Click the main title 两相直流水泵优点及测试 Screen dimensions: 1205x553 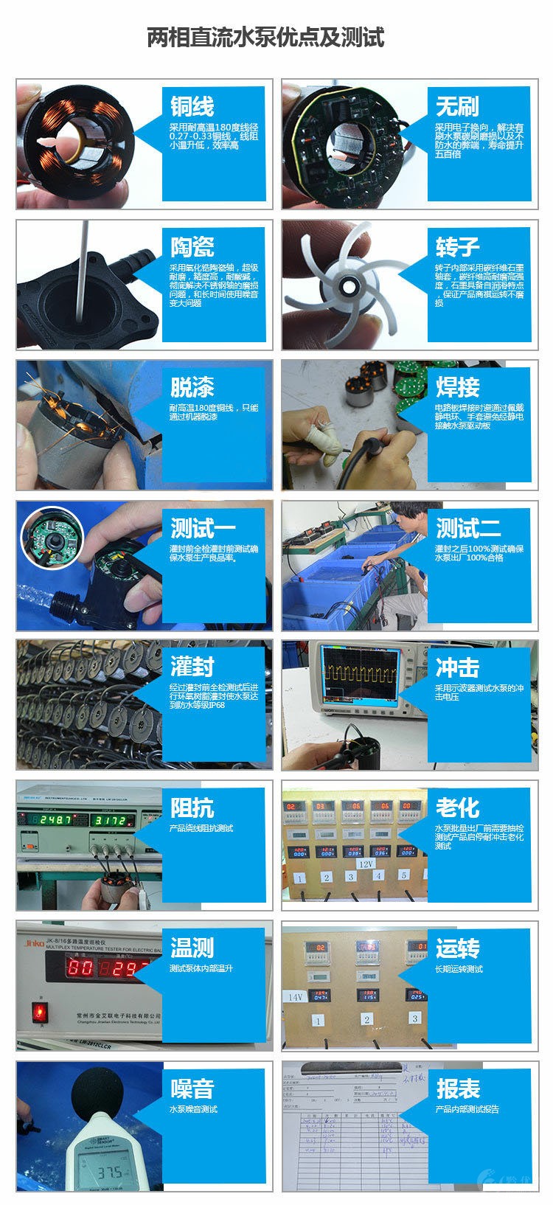click(x=265, y=37)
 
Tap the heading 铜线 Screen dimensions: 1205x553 click(x=192, y=106)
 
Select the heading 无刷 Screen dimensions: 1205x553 click(x=457, y=106)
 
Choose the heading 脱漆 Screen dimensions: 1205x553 click(x=192, y=387)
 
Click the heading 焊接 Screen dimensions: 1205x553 click(x=457, y=387)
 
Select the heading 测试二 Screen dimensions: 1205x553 click(x=468, y=528)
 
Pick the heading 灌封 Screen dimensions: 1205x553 click(x=192, y=667)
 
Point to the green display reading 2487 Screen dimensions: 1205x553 click(x=55, y=820)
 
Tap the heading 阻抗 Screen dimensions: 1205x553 click(x=192, y=808)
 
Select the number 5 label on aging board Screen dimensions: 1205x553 click(x=403, y=875)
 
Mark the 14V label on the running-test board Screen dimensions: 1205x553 click(x=296, y=996)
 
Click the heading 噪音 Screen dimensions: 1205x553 click(x=192, y=1088)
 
